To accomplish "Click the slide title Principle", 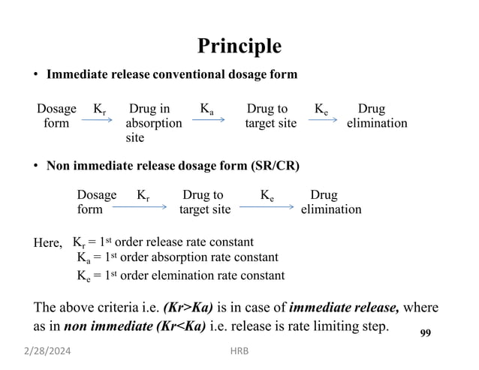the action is pos(239,47).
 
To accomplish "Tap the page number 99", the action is pos(426,332).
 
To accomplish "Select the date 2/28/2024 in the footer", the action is pos(47,351).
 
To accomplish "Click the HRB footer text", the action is pos(239,351).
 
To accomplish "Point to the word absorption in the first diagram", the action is pos(154,124).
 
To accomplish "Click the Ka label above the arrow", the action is pos(206,109).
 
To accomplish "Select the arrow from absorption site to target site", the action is pos(208,119).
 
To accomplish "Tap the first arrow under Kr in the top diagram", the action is pos(97,119).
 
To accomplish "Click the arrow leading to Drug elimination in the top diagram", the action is pos(323,119).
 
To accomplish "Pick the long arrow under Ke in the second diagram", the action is pos(267,207).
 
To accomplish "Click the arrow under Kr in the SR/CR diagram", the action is pos(140,207).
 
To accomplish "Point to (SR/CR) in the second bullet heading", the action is pos(276,166).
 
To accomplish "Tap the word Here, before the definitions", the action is pos(47,243).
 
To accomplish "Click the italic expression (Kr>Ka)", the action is pos(188,308).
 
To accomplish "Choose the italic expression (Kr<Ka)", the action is pos(181,326).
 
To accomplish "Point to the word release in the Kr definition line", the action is pos(164,242).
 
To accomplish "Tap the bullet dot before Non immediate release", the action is pos(36,166).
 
